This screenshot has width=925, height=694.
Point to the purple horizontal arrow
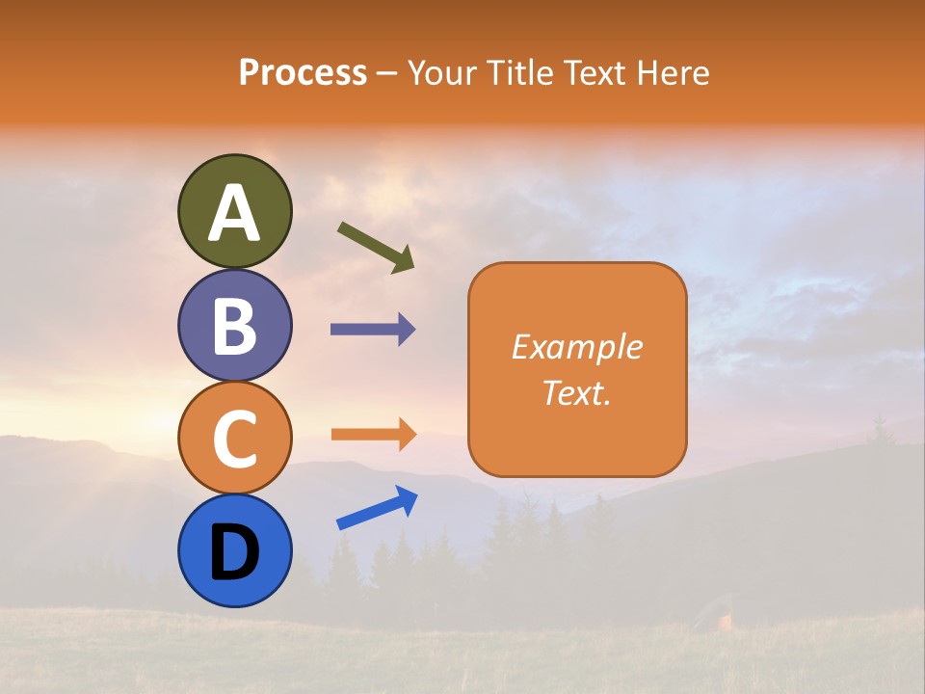pyautogui.click(x=373, y=330)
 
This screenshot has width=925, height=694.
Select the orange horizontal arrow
pyautogui.click(x=373, y=434)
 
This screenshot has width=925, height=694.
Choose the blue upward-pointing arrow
pyautogui.click(x=377, y=508)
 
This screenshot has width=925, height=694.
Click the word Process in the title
pyautogui.click(x=303, y=73)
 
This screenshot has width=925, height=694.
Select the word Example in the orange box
pyautogui.click(x=576, y=347)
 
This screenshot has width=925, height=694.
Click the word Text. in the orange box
pyautogui.click(x=576, y=393)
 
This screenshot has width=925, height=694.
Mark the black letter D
pyautogui.click(x=235, y=552)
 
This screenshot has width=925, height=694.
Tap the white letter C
pyautogui.click(x=235, y=439)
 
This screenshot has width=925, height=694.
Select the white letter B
pyautogui.click(x=235, y=326)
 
